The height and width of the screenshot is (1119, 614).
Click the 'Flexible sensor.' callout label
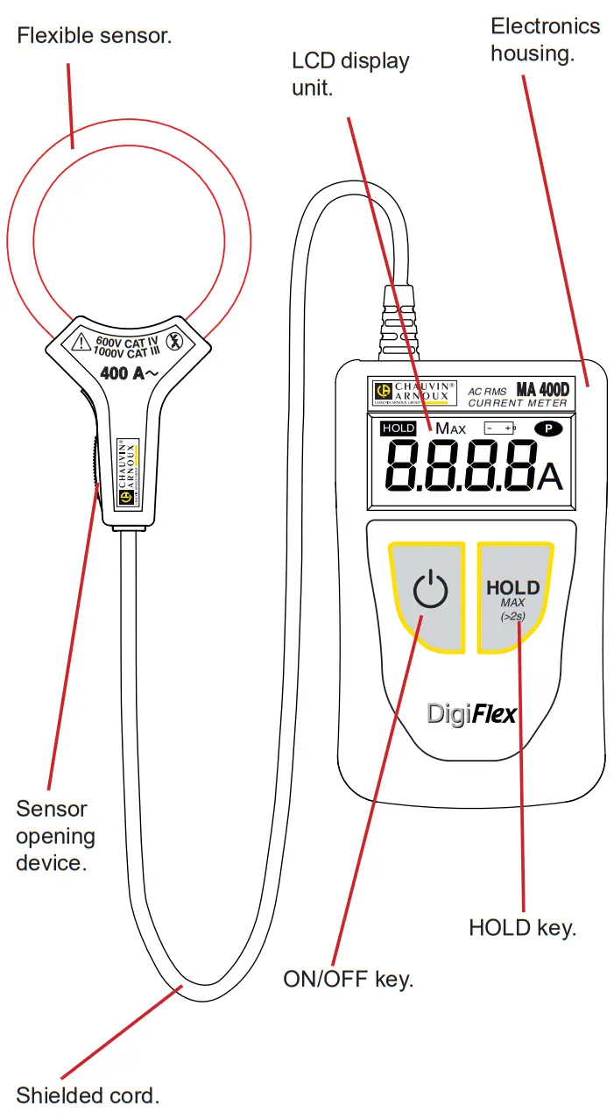(x=95, y=36)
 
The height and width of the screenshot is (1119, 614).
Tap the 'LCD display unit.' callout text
(x=350, y=74)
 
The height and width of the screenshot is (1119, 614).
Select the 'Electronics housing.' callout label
(x=545, y=39)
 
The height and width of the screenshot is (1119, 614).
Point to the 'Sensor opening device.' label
(x=55, y=835)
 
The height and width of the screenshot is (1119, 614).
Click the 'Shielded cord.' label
(x=88, y=1094)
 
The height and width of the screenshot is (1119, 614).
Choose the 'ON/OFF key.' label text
(x=348, y=979)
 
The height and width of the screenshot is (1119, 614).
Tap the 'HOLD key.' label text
(x=522, y=927)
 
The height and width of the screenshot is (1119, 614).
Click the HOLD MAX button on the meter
(x=513, y=596)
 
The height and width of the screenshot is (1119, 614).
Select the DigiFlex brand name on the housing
(x=471, y=713)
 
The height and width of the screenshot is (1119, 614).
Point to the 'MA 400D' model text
(x=541, y=389)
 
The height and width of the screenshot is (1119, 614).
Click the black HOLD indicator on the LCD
(x=398, y=428)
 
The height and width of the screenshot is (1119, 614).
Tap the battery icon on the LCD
(x=500, y=428)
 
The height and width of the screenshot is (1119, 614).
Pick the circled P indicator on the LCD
(x=547, y=428)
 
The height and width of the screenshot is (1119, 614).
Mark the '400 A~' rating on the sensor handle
(x=129, y=373)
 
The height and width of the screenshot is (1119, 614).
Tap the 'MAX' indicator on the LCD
(x=450, y=428)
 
